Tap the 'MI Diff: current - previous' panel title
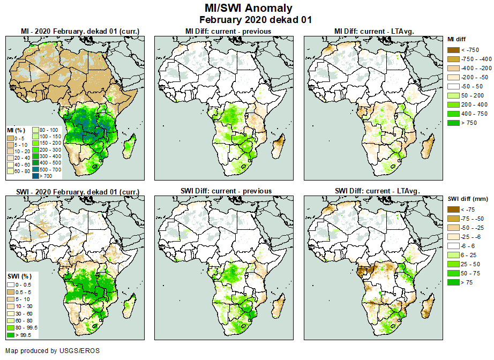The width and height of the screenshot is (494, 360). (228, 32)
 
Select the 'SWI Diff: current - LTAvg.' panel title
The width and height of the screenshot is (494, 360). (378, 191)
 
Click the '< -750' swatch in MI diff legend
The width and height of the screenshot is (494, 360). (453, 50)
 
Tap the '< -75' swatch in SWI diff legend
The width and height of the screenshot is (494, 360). (453, 209)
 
